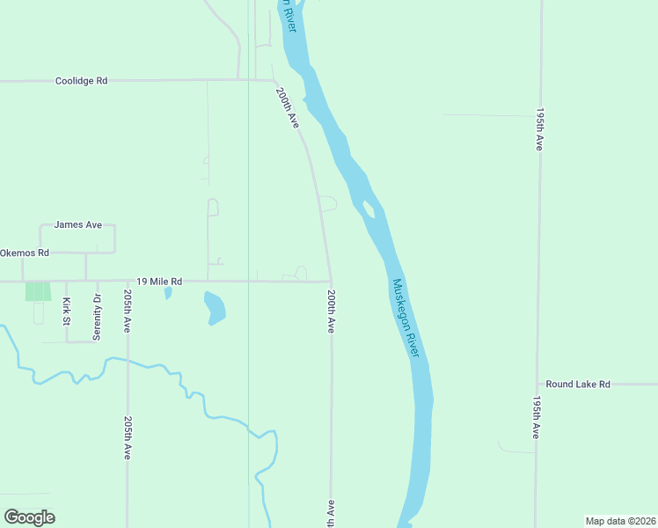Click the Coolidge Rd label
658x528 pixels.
pos(81,80)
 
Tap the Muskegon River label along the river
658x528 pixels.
pos(406,318)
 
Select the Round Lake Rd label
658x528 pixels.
pos(578,385)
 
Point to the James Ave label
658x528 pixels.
pos(77,224)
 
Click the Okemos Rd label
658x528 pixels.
pos(25,253)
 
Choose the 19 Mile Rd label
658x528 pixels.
pos(158,282)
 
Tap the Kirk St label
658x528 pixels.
pos(67,312)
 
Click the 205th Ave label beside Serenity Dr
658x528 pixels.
pos(128,311)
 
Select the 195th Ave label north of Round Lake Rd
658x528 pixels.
pos(539,130)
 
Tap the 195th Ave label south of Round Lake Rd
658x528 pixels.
pos(536,417)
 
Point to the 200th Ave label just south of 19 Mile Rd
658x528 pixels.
pos(331,311)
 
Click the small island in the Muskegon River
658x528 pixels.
pos(369,209)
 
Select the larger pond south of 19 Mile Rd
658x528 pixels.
pos(215,307)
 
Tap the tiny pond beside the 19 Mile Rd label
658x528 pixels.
pos(168,292)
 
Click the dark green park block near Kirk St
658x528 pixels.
pos(38,290)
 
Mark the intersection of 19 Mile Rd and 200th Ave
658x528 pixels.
pos(331,282)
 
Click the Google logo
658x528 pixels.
pos(30,517)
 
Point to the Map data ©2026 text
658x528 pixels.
pos(620,521)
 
